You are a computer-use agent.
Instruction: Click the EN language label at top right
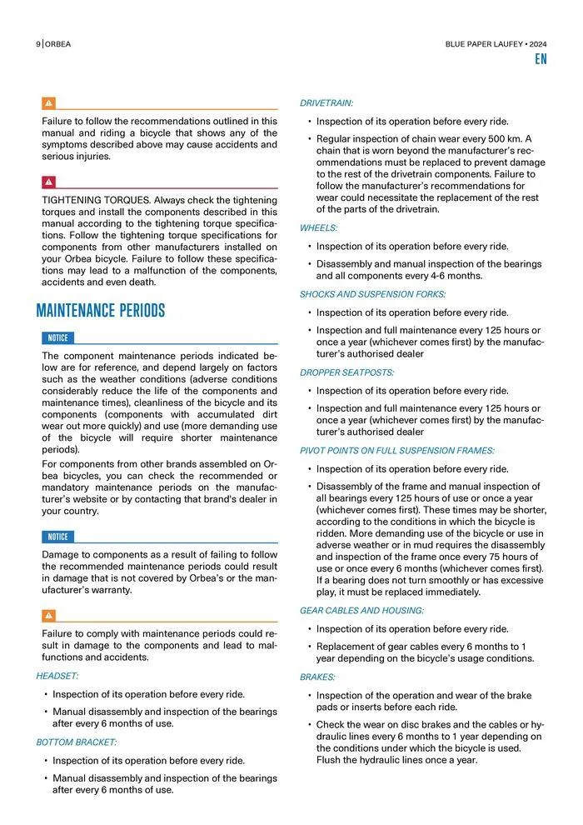pyautogui.click(x=541, y=60)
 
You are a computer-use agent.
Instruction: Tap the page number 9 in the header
pyautogui.click(x=38, y=44)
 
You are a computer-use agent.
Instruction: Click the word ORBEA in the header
pyautogui.click(x=58, y=44)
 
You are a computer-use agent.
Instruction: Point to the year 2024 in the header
pyautogui.click(x=536, y=44)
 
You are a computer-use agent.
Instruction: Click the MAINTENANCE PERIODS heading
pyautogui.click(x=101, y=312)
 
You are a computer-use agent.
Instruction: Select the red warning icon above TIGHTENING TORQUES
pyautogui.click(x=49, y=182)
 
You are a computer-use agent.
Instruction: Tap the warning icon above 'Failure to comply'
pyautogui.click(x=49, y=616)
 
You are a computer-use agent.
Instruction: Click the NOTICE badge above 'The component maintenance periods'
pyautogui.click(x=57, y=337)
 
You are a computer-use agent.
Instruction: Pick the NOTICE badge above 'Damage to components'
pyautogui.click(x=57, y=537)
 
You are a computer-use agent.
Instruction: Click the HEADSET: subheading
pyautogui.click(x=57, y=676)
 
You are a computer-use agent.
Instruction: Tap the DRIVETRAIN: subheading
pyautogui.click(x=326, y=103)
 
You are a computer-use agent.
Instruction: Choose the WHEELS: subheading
pyautogui.click(x=319, y=227)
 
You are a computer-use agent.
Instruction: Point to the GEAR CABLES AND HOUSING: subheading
pyautogui.click(x=361, y=611)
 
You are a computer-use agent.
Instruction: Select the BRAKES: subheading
pyautogui.click(x=318, y=677)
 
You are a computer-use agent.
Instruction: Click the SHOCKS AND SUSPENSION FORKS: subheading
pyautogui.click(x=373, y=294)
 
